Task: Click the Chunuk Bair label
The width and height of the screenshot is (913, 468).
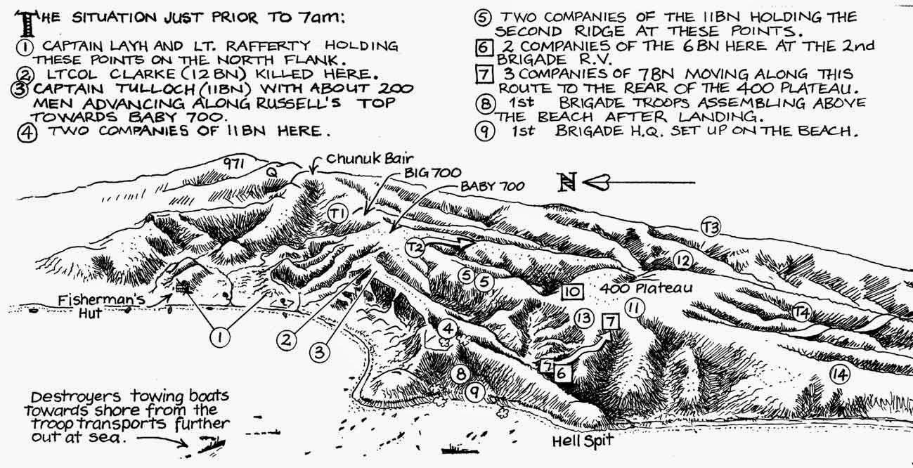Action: (x=369, y=159)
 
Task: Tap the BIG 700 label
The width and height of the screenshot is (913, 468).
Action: (x=432, y=173)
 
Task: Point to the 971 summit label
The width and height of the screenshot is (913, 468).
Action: (x=234, y=164)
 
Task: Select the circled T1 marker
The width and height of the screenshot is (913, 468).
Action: (x=338, y=213)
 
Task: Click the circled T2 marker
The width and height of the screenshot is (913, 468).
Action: (x=415, y=247)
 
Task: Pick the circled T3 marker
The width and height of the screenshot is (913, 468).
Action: (x=711, y=228)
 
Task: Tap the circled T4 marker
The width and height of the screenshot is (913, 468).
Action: (x=801, y=312)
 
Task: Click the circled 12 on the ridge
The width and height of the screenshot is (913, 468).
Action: (x=682, y=260)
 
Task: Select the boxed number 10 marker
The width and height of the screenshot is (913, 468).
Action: (x=572, y=292)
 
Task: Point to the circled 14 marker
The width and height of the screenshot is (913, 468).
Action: (x=840, y=375)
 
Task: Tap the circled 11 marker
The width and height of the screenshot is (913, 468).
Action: (x=634, y=307)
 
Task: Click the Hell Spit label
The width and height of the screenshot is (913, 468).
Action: (x=583, y=441)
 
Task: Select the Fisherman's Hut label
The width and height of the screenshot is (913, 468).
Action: (x=101, y=306)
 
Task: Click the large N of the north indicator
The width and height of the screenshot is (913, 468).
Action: (x=568, y=182)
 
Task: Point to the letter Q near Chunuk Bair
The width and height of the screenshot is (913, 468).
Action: (x=271, y=172)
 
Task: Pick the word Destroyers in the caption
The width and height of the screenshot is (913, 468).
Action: (x=76, y=396)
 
